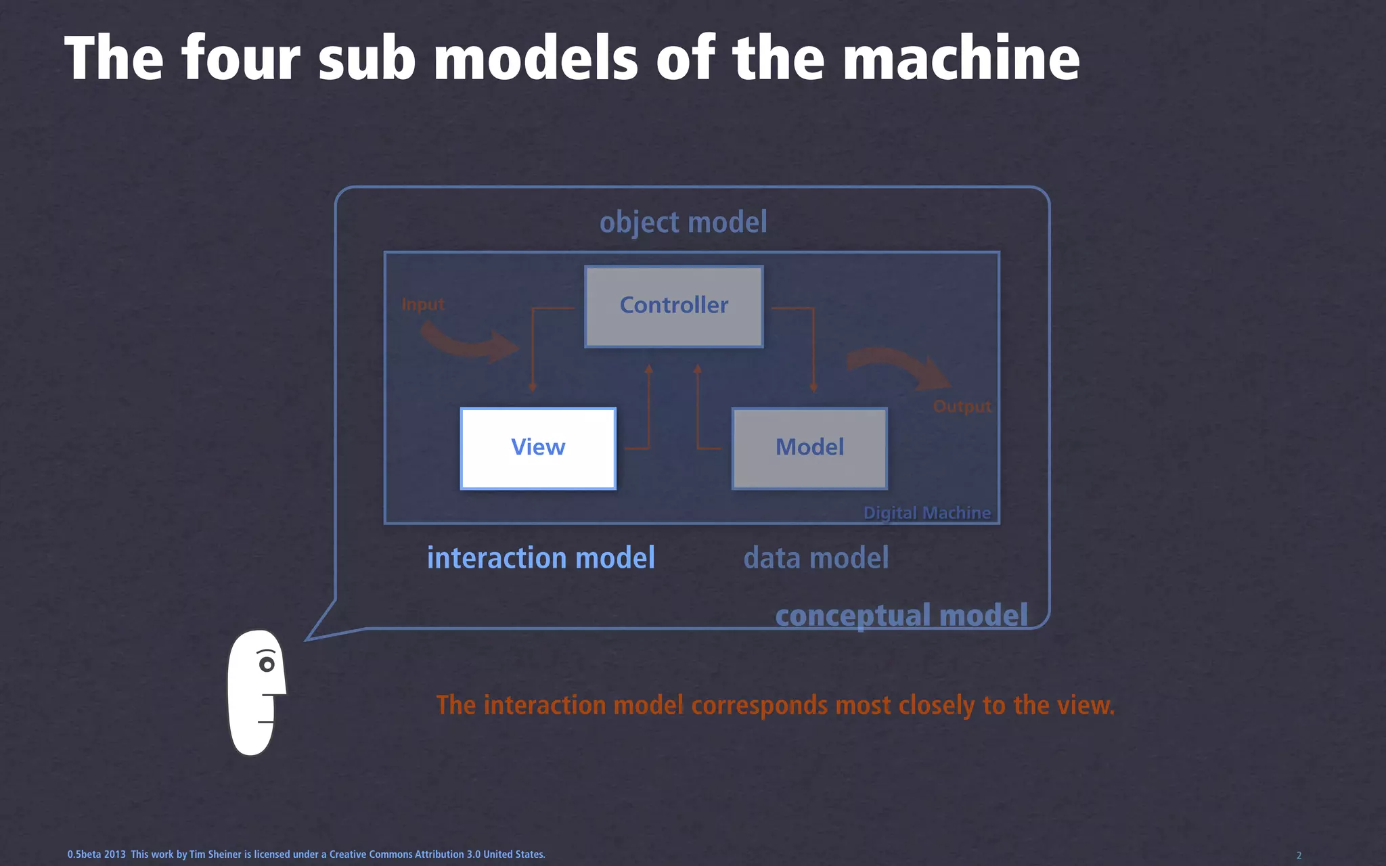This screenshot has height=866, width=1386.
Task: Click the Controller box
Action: pyautogui.click(x=674, y=306)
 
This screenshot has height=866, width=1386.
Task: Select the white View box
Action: pyautogui.click(x=538, y=448)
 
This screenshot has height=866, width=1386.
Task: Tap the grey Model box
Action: pyautogui.click(x=809, y=448)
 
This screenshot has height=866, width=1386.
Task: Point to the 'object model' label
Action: pyautogui.click(x=683, y=223)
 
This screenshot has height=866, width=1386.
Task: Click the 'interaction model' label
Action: pyautogui.click(x=541, y=558)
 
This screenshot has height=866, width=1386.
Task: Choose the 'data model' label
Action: pyautogui.click(x=815, y=558)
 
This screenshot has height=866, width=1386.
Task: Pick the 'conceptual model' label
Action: pyautogui.click(x=901, y=616)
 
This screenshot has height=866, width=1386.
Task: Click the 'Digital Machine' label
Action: pyautogui.click(x=926, y=513)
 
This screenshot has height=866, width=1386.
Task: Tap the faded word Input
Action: pyautogui.click(x=423, y=304)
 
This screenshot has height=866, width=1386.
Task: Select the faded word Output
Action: pyautogui.click(x=962, y=406)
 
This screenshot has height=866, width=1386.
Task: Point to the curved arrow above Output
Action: pyautogui.click(x=897, y=366)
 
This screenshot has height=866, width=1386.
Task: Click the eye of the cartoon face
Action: pyautogui.click(x=267, y=664)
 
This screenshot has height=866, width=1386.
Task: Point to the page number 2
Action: pyautogui.click(x=1299, y=855)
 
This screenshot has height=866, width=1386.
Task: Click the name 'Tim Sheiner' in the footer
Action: pyautogui.click(x=215, y=854)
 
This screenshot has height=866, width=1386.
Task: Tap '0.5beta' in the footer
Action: pyautogui.click(x=84, y=854)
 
